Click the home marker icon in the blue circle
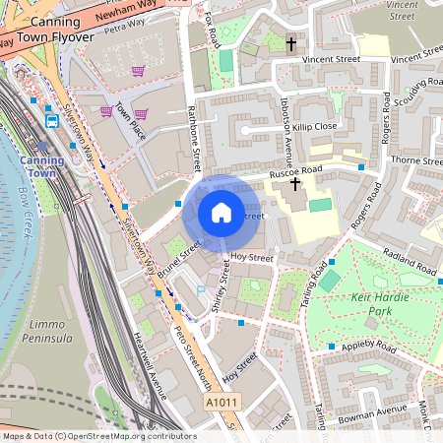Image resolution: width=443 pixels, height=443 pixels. (221, 213)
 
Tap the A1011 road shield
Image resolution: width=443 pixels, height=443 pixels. (221, 404)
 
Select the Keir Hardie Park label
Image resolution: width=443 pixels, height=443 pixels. (366, 303)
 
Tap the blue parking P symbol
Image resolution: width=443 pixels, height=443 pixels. (202, 290)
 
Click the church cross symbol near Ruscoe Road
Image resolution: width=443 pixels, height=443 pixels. (294, 184)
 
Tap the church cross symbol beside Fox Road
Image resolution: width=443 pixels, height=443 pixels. (290, 44)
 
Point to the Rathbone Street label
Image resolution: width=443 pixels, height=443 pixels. (193, 138)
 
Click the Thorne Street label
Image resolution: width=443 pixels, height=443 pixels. (417, 159)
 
